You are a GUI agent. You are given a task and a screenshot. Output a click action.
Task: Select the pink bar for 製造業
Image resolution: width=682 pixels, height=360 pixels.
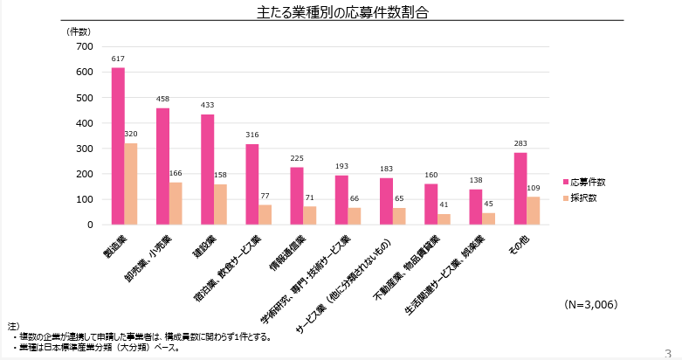118,146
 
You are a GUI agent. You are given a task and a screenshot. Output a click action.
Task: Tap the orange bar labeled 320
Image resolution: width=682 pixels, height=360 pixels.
131,183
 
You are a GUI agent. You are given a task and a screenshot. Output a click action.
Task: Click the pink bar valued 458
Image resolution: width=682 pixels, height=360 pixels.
162,166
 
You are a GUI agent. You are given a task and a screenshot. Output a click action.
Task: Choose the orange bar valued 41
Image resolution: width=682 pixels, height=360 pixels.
444,219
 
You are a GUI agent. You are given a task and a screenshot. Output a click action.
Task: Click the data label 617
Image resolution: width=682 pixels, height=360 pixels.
118,59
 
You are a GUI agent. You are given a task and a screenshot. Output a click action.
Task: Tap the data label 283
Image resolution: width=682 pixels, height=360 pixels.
520,144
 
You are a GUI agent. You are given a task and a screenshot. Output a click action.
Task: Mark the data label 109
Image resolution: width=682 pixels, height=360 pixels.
534,188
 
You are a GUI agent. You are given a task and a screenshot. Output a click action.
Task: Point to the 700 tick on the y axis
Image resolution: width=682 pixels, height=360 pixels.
85,46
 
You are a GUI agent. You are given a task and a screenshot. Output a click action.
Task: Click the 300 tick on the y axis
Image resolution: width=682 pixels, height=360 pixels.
85,149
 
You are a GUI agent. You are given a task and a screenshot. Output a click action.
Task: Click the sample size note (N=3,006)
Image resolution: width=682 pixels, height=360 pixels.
590,305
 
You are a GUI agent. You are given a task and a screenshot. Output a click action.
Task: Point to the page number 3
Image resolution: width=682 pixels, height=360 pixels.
668,352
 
